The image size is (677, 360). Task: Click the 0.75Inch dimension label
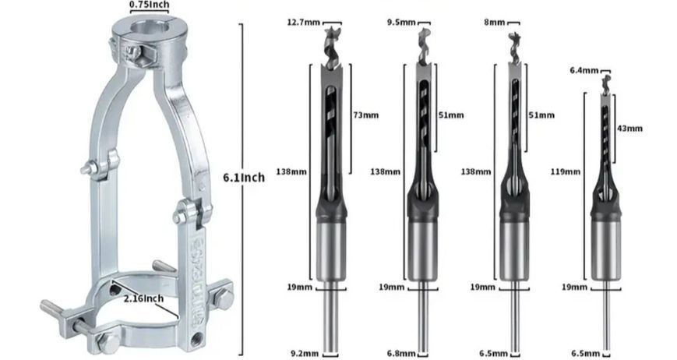tap(149, 5)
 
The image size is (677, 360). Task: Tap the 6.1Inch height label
tap(244, 178)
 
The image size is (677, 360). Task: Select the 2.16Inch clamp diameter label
tap(143, 298)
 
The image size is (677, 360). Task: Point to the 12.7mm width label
tap(304, 22)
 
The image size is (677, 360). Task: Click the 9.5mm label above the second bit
tap(401, 22)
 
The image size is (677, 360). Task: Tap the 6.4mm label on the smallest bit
tap(584, 70)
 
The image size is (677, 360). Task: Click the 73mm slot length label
tap(366, 115)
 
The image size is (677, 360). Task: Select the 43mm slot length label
tap(630, 129)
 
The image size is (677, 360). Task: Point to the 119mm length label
tap(565, 171)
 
